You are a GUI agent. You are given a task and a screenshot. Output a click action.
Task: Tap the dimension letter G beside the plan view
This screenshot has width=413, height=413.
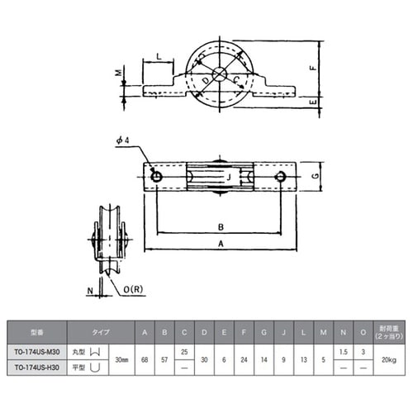point(318,177)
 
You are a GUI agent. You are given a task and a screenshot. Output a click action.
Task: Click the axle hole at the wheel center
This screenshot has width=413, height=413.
point(219,74)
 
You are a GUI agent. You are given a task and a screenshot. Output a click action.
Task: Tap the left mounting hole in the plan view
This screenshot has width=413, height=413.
point(155,177)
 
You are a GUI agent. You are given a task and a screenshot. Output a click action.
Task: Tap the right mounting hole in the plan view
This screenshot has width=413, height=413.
point(281,177)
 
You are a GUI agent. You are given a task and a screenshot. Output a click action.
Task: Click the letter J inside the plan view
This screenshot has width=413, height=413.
point(228,176)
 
